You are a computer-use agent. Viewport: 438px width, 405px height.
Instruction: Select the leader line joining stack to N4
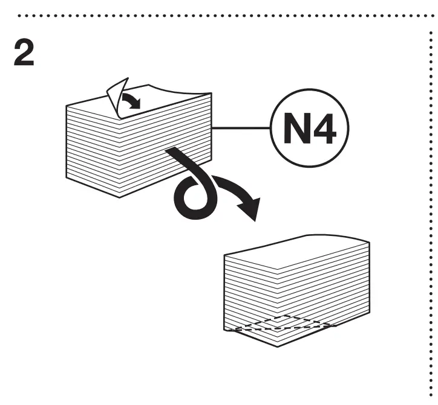coord(241,127)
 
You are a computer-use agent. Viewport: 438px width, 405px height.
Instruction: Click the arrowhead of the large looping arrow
coord(250,212)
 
